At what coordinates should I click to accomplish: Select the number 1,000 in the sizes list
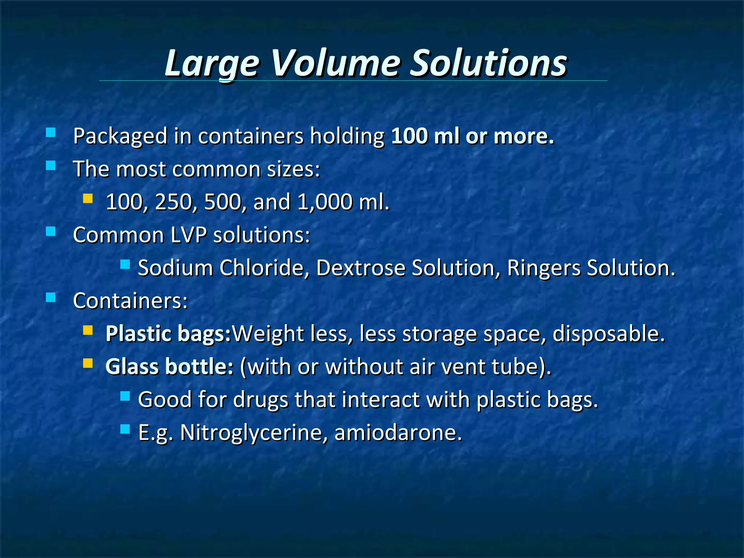tap(324, 202)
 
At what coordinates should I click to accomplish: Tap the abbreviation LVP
tap(189, 235)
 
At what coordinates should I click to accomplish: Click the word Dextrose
tap(360, 268)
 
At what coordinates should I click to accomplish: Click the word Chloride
tap(262, 268)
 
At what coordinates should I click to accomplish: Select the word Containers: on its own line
tap(130, 301)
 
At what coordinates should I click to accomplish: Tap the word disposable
tap(608, 334)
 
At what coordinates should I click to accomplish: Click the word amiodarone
tap(398, 433)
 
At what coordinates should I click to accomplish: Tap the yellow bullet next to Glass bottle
tap(88, 363)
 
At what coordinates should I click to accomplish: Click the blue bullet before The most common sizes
tap(51, 166)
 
